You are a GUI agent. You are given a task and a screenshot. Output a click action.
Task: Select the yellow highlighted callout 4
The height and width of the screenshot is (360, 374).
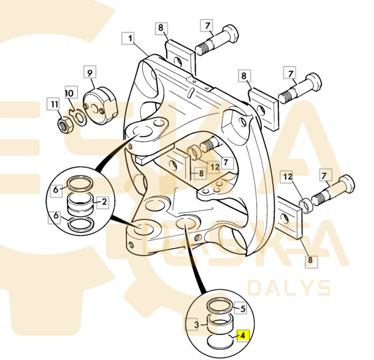tap(242, 335)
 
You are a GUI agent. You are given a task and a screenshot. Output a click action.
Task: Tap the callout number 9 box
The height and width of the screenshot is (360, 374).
tap(90, 73)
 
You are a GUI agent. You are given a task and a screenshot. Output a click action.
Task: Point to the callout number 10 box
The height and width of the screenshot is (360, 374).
tap(69, 93)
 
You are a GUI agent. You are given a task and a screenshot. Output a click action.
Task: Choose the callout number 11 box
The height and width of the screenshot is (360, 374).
tap(54, 104)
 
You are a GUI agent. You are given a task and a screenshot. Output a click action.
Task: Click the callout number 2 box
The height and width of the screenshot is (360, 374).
tap(104, 201)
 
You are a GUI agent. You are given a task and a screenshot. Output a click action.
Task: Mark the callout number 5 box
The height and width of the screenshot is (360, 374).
tap(242, 309)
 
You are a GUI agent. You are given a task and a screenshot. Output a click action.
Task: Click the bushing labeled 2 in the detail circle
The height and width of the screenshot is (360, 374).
tap(81, 202)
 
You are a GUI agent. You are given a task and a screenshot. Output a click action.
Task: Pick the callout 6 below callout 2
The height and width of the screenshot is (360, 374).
tap(56, 217)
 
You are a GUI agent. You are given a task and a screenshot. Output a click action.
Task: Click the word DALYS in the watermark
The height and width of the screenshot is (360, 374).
tap(289, 288)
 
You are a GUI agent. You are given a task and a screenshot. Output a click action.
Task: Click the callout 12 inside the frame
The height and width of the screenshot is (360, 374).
tap(214, 167)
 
